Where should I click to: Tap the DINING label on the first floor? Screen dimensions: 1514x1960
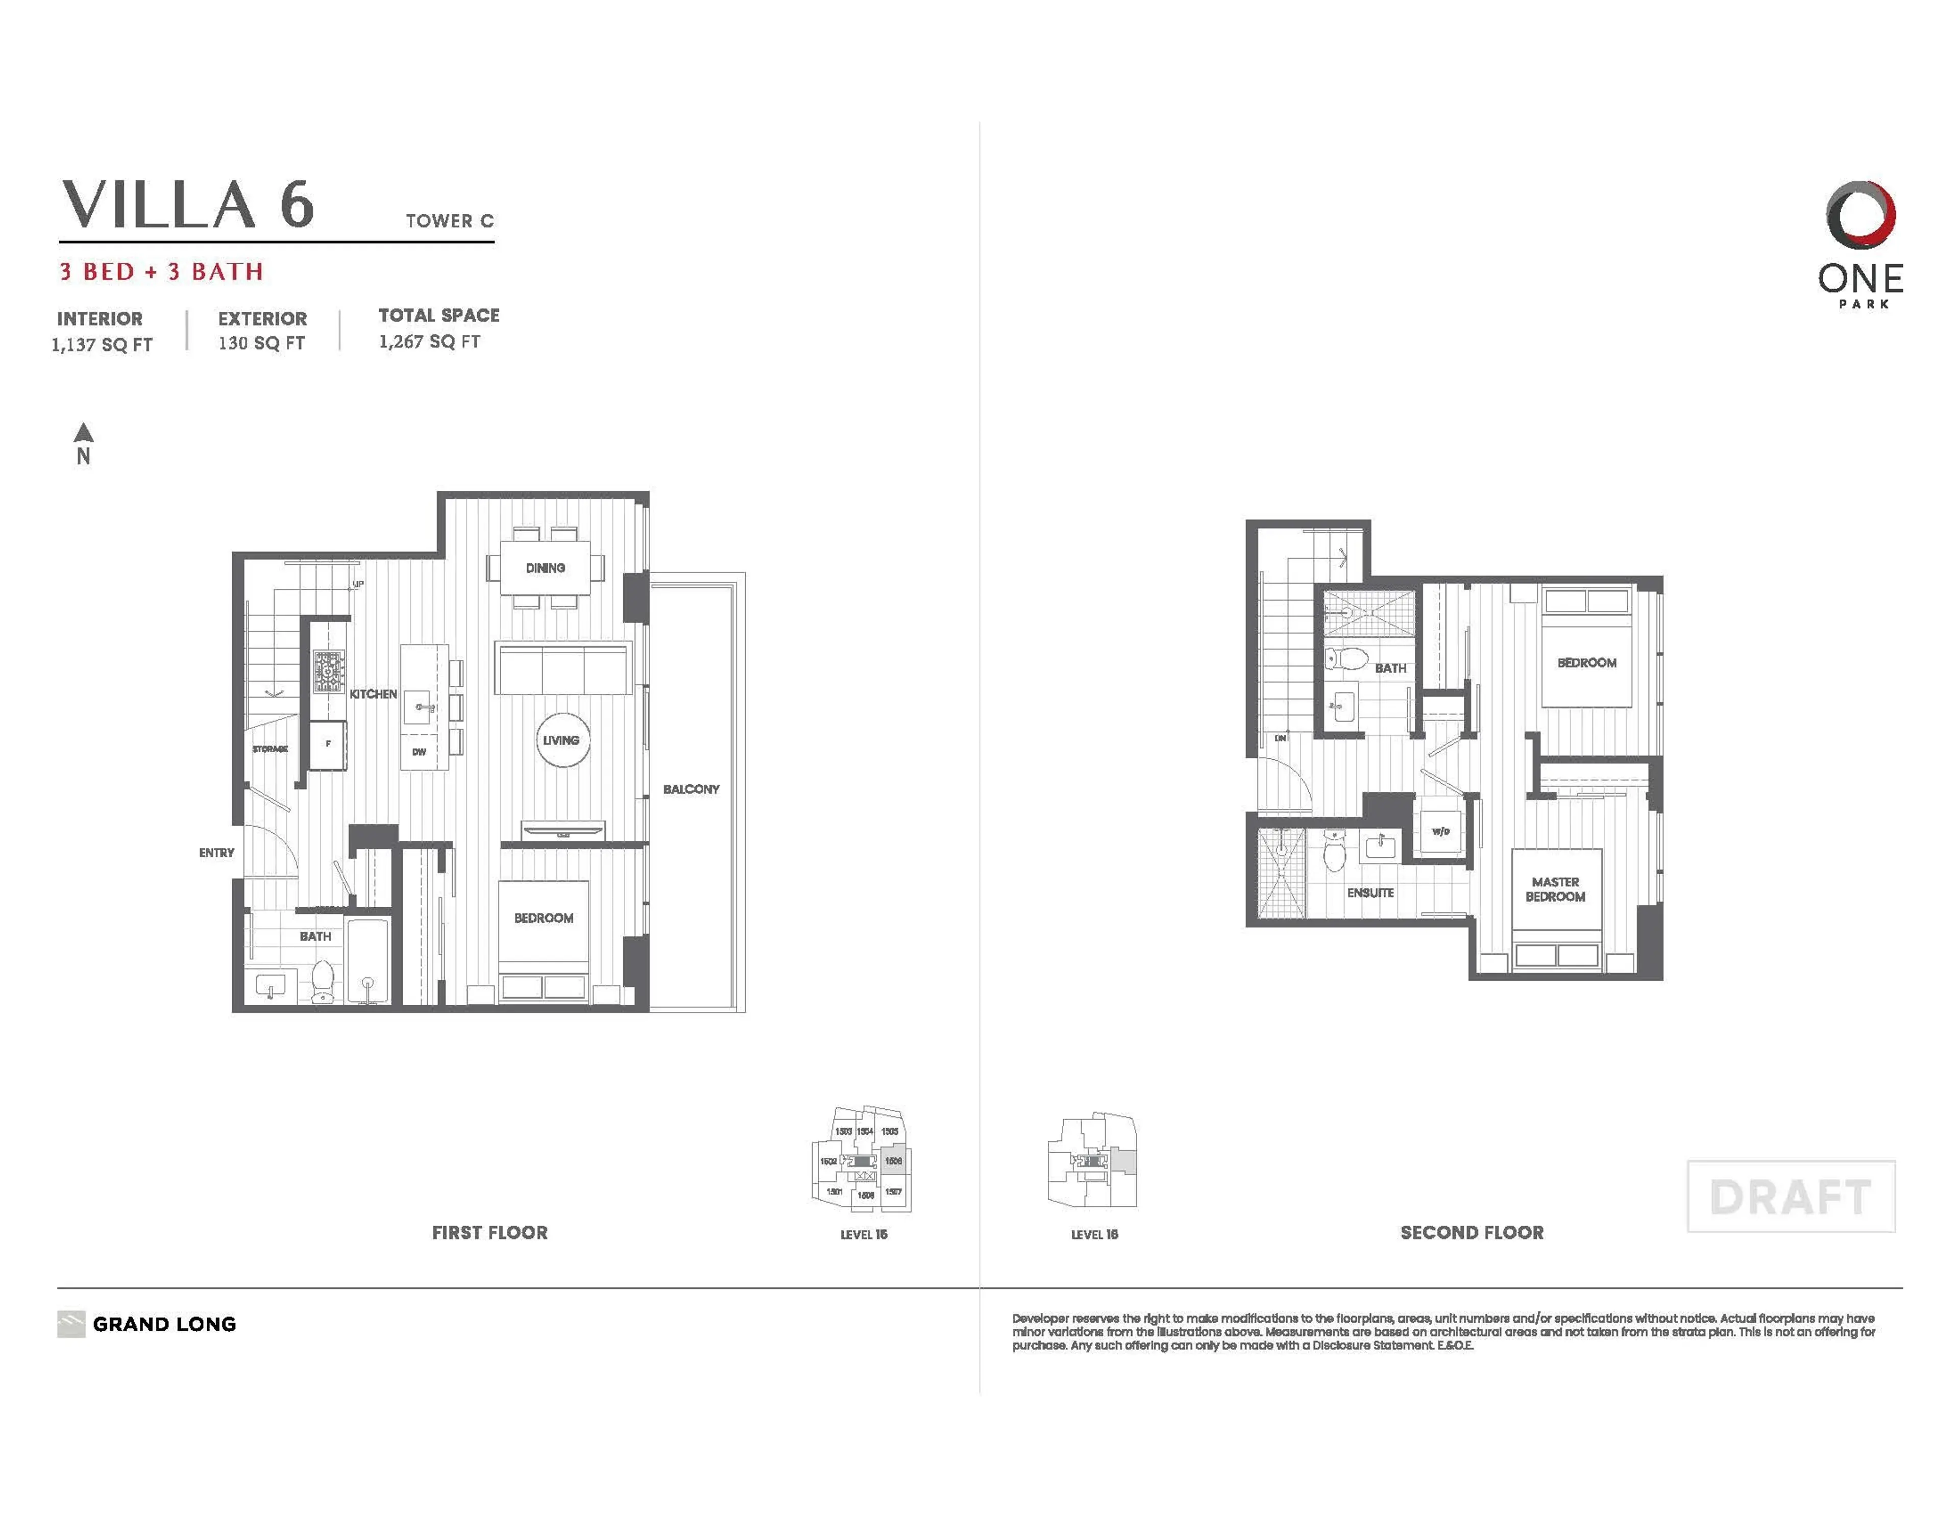[545, 568]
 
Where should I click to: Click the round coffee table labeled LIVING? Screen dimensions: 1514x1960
[561, 740]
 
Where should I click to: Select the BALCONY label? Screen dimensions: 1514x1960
[691, 789]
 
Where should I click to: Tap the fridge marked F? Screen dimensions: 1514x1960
[329, 744]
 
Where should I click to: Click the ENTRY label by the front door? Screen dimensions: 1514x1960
[216, 853]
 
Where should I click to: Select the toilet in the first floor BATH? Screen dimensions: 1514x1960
[322, 980]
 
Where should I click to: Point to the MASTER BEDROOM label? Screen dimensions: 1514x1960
[1555, 889]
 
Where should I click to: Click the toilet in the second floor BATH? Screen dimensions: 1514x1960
[1345, 660]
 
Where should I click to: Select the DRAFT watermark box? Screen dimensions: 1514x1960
[1791, 1196]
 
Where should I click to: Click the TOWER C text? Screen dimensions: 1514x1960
[450, 221]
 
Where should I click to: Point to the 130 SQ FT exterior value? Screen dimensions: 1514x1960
[261, 343]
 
